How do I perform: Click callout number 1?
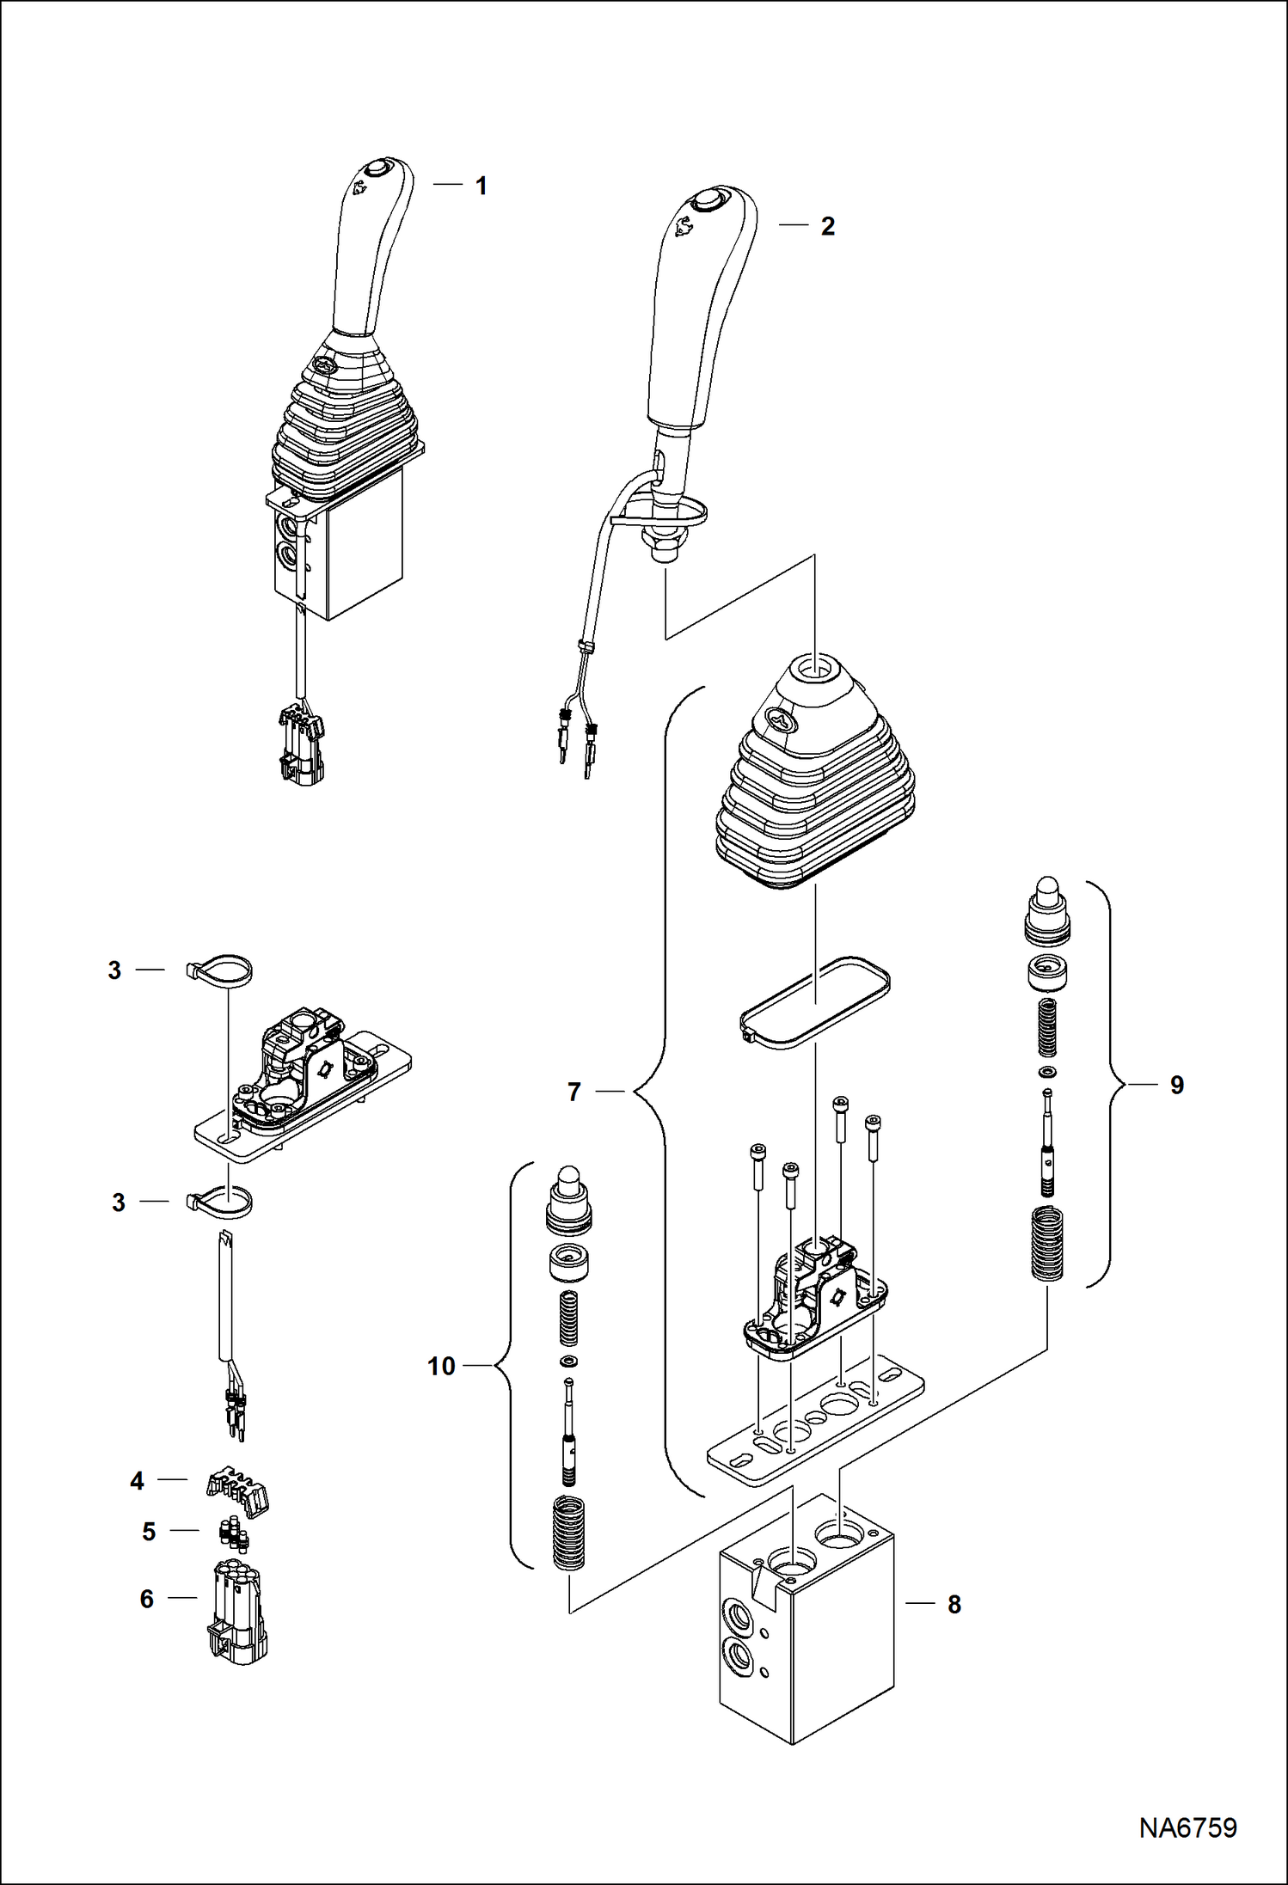(x=481, y=186)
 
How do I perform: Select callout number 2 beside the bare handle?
(x=827, y=226)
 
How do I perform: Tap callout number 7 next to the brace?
(x=574, y=1092)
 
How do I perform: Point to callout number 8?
(x=954, y=1604)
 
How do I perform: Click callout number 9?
(x=1176, y=1085)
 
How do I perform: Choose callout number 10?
(x=441, y=1366)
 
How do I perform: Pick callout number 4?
(x=137, y=1480)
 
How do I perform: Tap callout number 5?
(x=149, y=1531)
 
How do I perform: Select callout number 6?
(x=147, y=1599)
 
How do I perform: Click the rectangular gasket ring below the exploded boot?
(x=815, y=1001)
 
